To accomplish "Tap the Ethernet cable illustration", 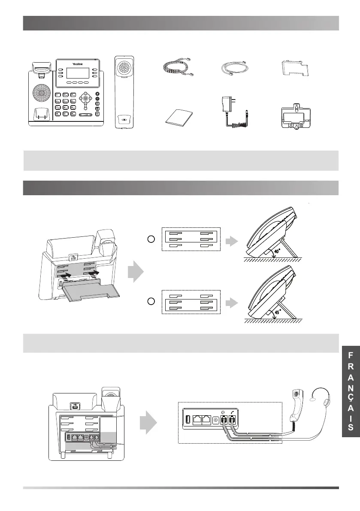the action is (236, 68).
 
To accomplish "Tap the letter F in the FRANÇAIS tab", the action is (351, 355).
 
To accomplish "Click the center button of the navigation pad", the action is (85, 98).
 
